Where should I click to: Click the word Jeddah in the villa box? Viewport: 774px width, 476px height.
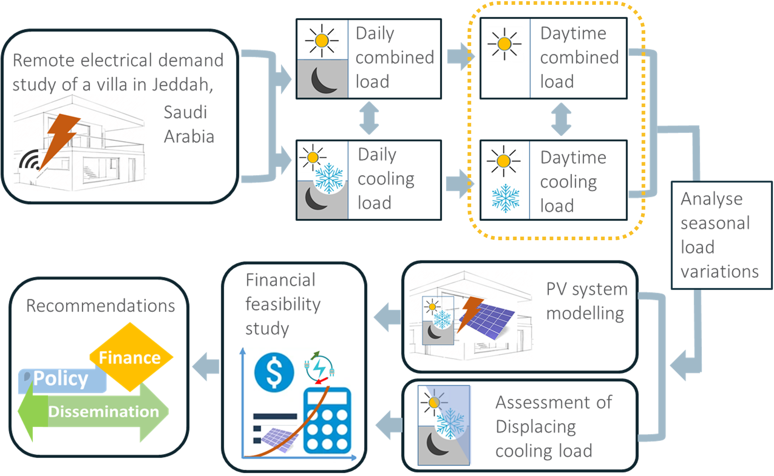pyautogui.click(x=182, y=85)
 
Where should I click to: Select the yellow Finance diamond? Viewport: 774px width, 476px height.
pyautogui.click(x=130, y=357)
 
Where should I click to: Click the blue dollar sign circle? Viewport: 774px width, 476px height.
pyautogui.click(x=274, y=372)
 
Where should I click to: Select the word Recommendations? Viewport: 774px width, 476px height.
pyautogui.click(x=100, y=306)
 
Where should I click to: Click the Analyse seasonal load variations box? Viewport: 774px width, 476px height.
pyautogui.click(x=720, y=235)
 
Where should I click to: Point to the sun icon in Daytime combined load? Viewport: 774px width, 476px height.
pyautogui.click(x=504, y=44)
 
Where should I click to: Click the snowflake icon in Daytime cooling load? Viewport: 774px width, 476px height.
pyautogui.click(x=506, y=198)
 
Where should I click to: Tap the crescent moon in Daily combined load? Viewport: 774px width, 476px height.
pyautogui.click(x=323, y=80)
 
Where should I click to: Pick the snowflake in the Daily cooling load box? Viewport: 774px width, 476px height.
pyautogui.click(x=329, y=178)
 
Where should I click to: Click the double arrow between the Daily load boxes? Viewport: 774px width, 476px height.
pyautogui.click(x=369, y=118)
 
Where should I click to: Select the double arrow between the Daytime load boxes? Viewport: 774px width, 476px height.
pyautogui.click(x=561, y=119)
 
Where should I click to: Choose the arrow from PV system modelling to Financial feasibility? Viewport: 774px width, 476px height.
pyautogui.click(x=387, y=317)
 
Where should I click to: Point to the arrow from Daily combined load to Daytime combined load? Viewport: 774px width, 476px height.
pyautogui.click(x=459, y=56)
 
